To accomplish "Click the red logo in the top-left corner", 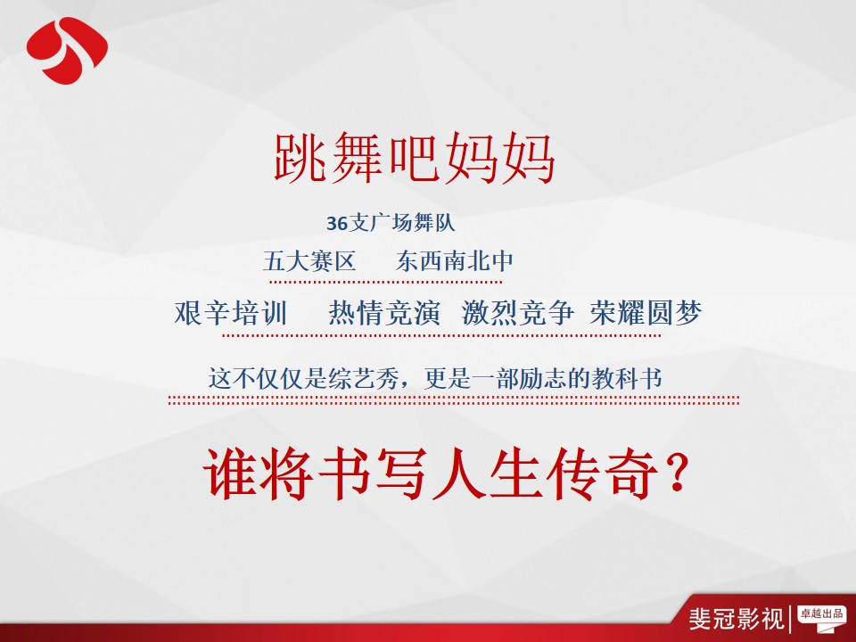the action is point(67,50).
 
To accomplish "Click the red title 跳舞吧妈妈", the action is point(415,158).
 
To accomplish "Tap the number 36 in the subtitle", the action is point(337,223).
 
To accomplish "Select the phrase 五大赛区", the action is point(309,260).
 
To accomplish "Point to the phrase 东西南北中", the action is point(455,260).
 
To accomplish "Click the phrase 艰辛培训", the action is point(231,313).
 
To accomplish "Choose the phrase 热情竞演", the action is point(384,313).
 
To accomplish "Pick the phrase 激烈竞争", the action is point(517,313).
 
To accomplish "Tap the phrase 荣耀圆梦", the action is point(646,313).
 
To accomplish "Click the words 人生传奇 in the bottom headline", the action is point(546,473).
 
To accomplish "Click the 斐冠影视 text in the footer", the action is point(737,619).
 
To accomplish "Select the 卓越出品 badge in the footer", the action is point(821,615).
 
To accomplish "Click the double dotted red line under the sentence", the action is point(454,400).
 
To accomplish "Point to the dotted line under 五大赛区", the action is point(385,282).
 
